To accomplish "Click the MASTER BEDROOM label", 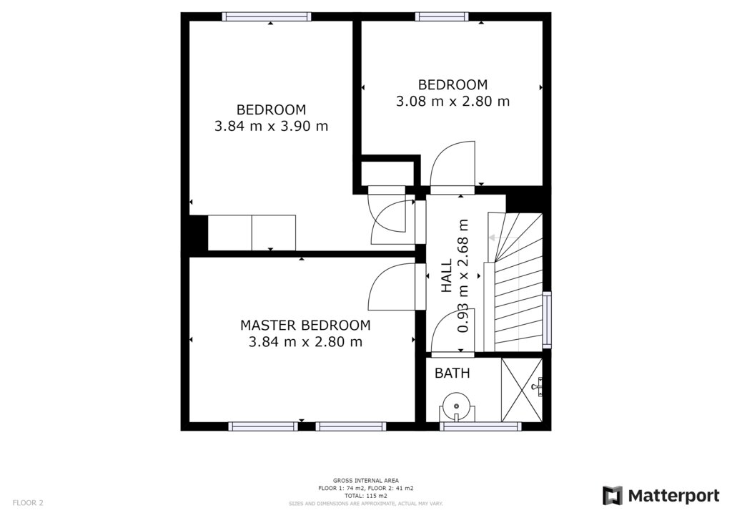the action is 305,325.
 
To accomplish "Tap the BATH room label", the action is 452,373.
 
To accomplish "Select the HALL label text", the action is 447,275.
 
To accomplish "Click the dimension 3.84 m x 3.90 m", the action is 271,126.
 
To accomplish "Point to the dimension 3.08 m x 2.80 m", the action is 452,102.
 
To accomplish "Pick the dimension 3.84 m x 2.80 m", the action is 305,342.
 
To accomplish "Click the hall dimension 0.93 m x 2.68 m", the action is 463,275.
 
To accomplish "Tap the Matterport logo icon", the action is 612,496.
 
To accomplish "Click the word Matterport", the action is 673,496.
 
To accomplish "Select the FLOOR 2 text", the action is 28,503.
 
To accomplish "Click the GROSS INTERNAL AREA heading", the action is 366,480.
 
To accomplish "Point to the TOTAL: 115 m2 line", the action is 366,496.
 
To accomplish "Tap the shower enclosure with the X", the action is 522,389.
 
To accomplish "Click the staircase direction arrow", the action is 503,238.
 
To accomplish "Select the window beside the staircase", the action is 547,320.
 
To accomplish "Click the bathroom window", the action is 480,426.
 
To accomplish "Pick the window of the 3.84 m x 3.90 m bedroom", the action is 267,17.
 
